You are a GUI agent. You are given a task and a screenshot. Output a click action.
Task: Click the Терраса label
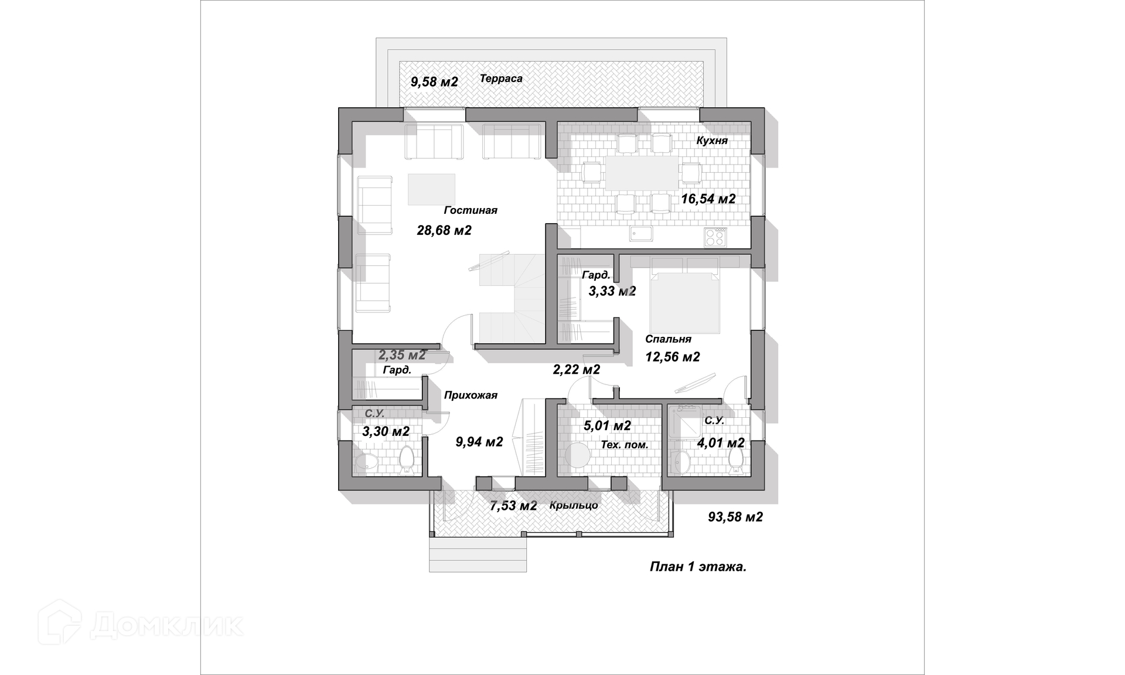point(501,79)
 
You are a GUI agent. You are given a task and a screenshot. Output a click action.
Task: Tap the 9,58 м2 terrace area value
point(434,82)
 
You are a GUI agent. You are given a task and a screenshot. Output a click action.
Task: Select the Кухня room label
point(712,141)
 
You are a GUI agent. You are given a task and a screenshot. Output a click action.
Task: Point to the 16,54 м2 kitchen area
point(708,199)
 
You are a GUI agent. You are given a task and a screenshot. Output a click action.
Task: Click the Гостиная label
point(471,210)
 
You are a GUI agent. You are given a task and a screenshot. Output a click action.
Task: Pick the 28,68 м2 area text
point(444,231)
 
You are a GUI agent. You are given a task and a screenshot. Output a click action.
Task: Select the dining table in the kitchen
point(642,173)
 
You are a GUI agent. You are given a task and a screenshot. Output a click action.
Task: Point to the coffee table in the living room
point(432,189)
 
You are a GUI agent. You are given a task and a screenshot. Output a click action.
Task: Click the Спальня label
point(668,339)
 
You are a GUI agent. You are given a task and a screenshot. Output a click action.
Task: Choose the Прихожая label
point(471,396)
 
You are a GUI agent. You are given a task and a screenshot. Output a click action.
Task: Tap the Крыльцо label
point(574,506)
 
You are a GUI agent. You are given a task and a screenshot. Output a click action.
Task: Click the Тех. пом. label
point(625,445)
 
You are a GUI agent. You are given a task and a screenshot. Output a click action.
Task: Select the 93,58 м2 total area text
point(735,517)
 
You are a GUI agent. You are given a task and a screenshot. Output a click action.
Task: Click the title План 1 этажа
point(698,567)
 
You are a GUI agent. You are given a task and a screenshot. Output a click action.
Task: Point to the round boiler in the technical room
point(578,455)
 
